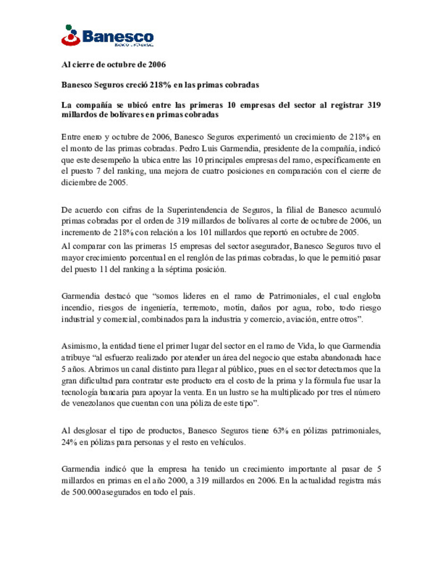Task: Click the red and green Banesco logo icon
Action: pyautogui.click(x=71, y=35)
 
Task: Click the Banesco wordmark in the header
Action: pyautogui.click(x=118, y=36)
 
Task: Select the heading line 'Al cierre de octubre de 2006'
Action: pyautogui.click(x=114, y=64)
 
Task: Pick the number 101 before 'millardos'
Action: pyautogui.click(x=206, y=232)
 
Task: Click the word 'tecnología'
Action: pyautogui.click(x=80, y=392)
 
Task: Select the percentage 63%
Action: pyautogui.click(x=281, y=431)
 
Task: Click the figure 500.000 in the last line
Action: pyautogui.click(x=87, y=492)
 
